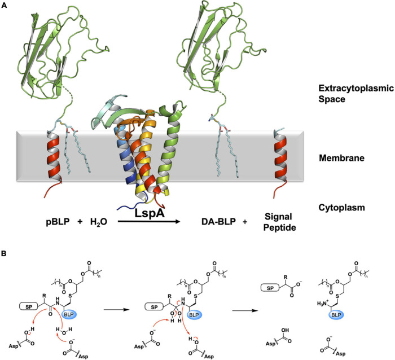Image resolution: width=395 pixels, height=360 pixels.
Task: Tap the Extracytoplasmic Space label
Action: pos(335,99)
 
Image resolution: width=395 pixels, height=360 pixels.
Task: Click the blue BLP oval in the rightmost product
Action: pos(336,325)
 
